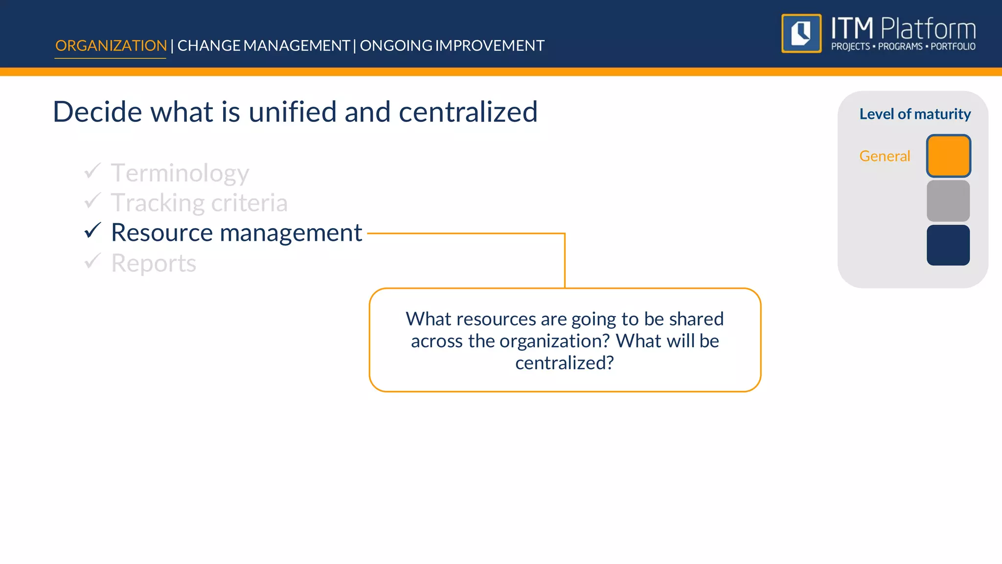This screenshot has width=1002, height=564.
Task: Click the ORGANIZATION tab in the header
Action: [x=111, y=46]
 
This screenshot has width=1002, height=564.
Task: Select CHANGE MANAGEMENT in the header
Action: [x=263, y=46]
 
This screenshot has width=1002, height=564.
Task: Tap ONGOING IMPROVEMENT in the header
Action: [x=452, y=46]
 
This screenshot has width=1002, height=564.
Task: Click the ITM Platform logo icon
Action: [x=801, y=33]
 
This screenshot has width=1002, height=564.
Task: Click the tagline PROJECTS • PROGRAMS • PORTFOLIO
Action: [x=903, y=47]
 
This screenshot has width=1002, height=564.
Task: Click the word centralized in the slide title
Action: [x=468, y=112]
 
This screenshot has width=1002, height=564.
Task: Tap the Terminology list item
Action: [x=180, y=173]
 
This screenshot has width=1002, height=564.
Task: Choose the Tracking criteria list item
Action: [x=199, y=203]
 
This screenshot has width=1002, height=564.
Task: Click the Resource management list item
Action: [x=236, y=233]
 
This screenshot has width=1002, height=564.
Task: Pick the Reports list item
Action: [x=153, y=263]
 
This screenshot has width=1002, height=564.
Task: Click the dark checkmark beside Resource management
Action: [x=92, y=230]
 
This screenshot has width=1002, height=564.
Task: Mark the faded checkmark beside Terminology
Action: [x=92, y=171]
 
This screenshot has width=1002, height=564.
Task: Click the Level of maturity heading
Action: [x=914, y=114]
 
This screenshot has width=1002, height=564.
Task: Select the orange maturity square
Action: [x=948, y=156]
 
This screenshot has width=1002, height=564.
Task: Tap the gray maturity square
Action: [x=948, y=201]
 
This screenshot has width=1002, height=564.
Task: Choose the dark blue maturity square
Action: [x=948, y=245]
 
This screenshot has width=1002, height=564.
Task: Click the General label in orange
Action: [x=884, y=156]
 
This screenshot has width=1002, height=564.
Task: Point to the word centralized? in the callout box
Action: [x=564, y=363]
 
